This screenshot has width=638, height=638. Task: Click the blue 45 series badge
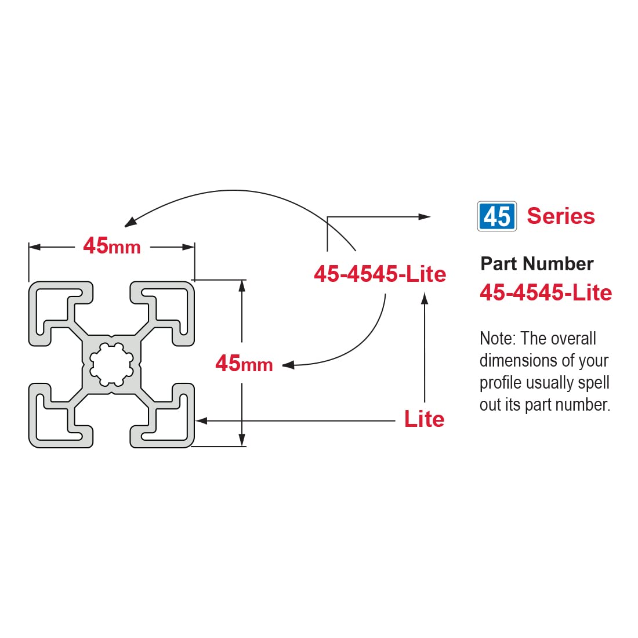(x=496, y=216)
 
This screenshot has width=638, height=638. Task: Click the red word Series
(x=560, y=216)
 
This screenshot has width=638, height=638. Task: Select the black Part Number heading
(x=536, y=264)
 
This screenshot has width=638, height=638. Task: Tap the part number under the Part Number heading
(x=545, y=293)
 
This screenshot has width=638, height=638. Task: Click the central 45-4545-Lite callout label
(x=380, y=274)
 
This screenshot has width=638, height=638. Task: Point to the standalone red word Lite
(x=424, y=419)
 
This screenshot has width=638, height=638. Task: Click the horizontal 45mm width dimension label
(x=112, y=246)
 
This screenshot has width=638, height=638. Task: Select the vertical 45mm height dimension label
(x=244, y=364)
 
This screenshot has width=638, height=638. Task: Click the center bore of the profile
(x=111, y=364)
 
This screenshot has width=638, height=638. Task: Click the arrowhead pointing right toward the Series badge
(x=425, y=217)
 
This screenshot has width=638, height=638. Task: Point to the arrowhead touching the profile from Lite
(x=201, y=420)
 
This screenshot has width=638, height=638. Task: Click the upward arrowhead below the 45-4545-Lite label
(x=425, y=298)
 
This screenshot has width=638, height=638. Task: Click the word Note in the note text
(x=496, y=338)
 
